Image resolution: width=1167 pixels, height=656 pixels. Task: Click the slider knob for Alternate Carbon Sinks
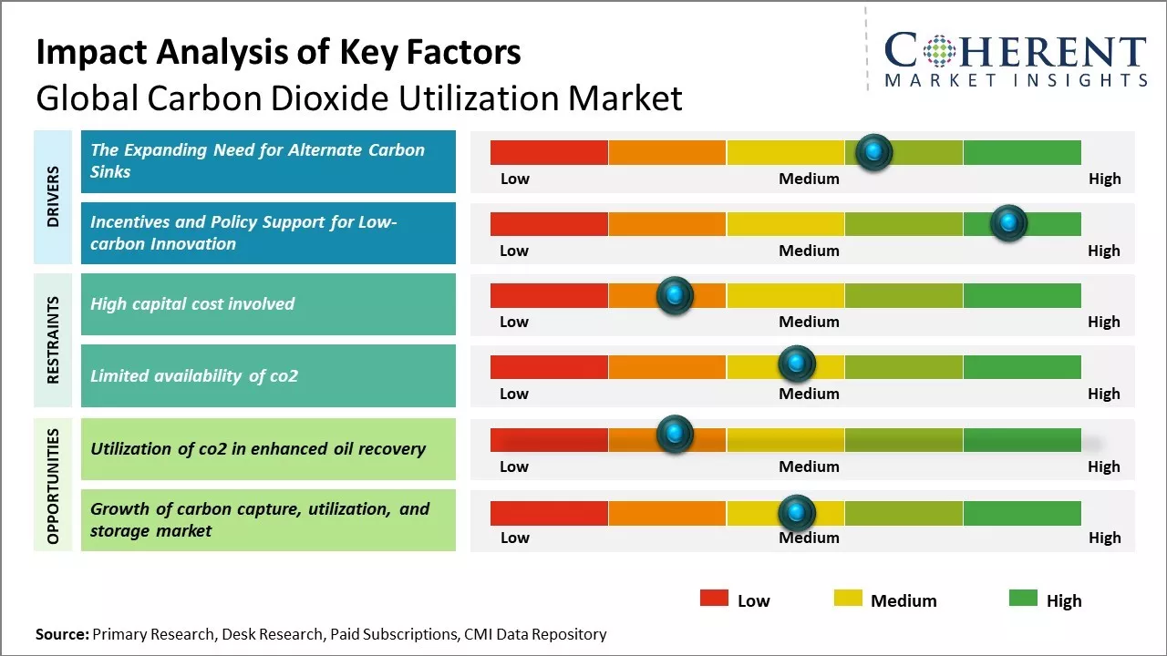874,152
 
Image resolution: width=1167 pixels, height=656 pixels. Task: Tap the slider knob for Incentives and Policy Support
1008,223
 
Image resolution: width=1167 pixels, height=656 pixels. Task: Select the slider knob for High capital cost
675,295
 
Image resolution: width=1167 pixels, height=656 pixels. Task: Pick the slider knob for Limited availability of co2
797,363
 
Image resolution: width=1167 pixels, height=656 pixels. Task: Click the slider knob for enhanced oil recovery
675,434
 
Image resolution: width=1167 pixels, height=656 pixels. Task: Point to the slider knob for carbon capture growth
797,513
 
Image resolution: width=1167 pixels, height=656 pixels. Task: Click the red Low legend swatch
714,598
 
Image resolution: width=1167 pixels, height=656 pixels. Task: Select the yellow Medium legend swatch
848,598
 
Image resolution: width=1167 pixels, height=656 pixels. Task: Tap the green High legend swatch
1023,598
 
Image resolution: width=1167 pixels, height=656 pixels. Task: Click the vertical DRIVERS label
53,197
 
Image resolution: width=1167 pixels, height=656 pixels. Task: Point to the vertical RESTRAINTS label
53,340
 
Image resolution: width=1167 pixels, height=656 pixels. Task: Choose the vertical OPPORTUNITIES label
53,487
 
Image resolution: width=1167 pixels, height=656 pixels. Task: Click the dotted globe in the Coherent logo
939,50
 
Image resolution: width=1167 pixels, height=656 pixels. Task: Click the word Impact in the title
93,53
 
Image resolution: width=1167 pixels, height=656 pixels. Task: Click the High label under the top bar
1104,179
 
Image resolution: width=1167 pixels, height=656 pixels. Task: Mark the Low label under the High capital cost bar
514,322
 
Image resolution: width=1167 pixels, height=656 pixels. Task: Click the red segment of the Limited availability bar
549,367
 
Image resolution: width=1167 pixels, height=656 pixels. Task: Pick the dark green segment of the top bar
1022,152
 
